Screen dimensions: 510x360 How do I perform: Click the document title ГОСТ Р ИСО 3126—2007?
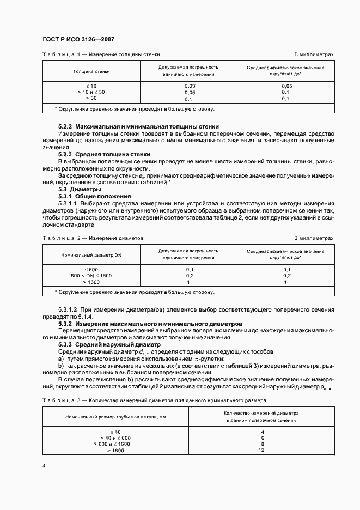point(78,40)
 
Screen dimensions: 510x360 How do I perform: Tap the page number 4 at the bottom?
point(44,466)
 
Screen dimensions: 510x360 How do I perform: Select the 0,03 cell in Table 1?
point(190,86)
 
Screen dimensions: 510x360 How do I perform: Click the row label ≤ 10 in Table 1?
point(91,86)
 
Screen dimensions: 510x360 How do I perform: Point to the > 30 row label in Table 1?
point(91,98)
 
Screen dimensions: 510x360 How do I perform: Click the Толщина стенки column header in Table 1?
point(91,71)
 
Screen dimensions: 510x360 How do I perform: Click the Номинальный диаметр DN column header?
point(91,254)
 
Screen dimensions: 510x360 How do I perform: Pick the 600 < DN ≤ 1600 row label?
point(91,276)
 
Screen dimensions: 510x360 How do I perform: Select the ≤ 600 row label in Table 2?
point(91,270)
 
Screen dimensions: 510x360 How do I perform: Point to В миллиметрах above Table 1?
point(314,55)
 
